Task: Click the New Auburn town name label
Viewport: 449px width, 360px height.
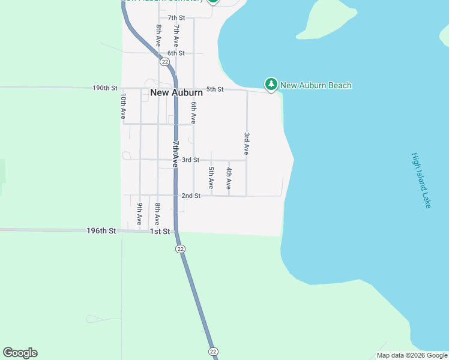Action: point(176,93)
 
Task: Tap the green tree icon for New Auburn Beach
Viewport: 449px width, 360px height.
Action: point(271,85)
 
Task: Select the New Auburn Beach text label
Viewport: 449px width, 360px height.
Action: point(316,85)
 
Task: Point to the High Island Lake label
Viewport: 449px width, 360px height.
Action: point(421,181)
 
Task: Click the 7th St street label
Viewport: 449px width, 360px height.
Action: point(176,18)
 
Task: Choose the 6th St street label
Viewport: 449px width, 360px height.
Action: point(176,53)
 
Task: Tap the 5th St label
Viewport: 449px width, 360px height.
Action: point(215,89)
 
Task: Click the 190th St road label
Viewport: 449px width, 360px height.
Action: point(105,88)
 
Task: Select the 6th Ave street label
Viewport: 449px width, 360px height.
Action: point(194,113)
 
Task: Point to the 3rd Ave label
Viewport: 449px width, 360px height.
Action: point(247,144)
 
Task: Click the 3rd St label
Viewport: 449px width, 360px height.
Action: point(190,160)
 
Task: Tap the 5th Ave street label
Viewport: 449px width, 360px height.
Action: point(211,178)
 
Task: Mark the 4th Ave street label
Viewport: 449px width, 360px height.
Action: point(229,179)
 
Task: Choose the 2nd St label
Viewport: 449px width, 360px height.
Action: point(191,196)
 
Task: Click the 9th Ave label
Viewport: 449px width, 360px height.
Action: point(140,214)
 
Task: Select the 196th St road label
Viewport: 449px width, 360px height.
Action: point(101,230)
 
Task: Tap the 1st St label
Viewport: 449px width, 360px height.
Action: point(160,231)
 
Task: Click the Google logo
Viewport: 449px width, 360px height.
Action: point(20,353)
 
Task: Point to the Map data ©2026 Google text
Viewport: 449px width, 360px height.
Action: point(411,355)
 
